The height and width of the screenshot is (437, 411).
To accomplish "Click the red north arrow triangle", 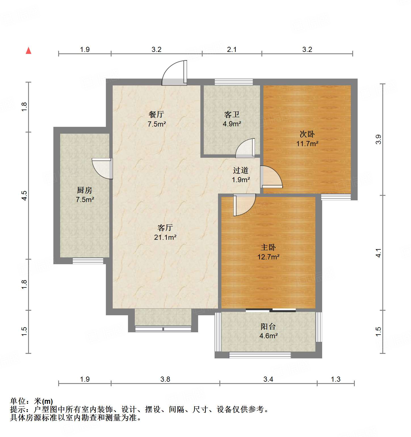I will (x=28, y=51).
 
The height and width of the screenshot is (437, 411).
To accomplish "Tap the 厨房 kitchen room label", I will (x=85, y=190).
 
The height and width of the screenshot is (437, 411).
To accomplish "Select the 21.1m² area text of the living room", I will (x=165, y=237).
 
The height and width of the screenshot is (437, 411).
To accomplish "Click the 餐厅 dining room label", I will (x=156, y=114).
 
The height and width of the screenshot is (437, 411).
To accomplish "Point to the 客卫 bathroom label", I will (x=232, y=114).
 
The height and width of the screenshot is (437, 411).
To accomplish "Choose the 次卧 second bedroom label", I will (x=307, y=134).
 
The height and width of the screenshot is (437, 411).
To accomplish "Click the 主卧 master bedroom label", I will (x=268, y=247).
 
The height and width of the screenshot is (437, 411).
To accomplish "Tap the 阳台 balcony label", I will (x=268, y=327).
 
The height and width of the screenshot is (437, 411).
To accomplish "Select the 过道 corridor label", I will (x=241, y=170).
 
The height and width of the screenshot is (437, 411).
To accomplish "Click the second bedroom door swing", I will (x=271, y=177).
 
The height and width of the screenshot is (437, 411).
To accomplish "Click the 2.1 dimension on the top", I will (x=232, y=50).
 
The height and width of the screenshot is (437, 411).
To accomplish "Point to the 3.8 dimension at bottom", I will (x=165, y=379).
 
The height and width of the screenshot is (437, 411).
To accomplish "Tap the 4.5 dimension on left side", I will (x=24, y=196).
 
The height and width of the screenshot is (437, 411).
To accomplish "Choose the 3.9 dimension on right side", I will (x=378, y=139).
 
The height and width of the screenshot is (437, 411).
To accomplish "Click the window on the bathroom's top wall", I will (x=234, y=82).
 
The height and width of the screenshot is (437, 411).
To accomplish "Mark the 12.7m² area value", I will (x=268, y=257).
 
